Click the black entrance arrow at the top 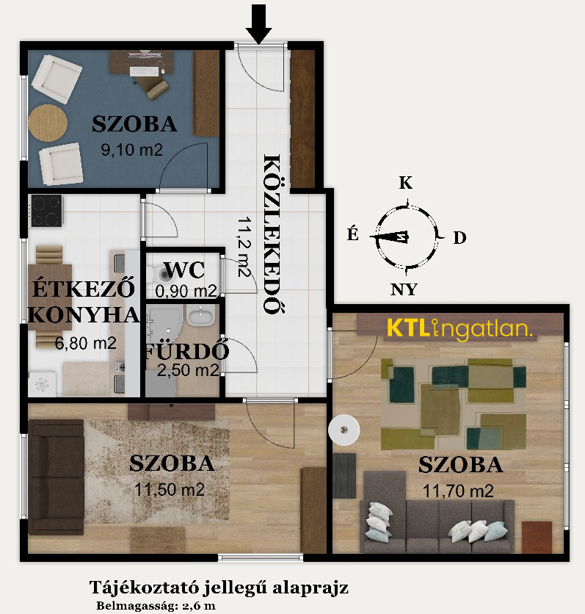point(258,23)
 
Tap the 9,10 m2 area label point(131,150)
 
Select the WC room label point(184,270)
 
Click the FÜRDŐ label point(186,352)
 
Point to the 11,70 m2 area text point(458,491)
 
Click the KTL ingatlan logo point(459,328)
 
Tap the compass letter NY point(404,289)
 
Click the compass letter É point(352,234)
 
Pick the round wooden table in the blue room point(48,123)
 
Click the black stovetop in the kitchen point(46,211)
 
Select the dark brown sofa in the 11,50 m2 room point(56,477)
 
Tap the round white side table point(344,430)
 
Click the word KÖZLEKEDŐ point(272,234)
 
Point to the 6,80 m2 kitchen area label point(86,343)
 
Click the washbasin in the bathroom point(200,316)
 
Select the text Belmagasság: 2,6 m point(156,606)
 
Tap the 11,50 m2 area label point(170,490)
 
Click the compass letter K point(405,183)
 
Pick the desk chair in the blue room point(156,87)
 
